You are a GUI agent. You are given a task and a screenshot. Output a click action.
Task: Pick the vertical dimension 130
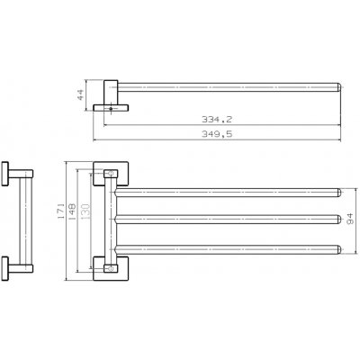coord(87,217)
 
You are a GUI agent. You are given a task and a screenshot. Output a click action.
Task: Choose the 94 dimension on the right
coord(352,218)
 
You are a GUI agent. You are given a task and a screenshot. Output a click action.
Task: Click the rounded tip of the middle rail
coord(338,218)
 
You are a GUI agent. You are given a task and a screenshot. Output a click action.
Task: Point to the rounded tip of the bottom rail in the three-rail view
coord(338,247)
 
